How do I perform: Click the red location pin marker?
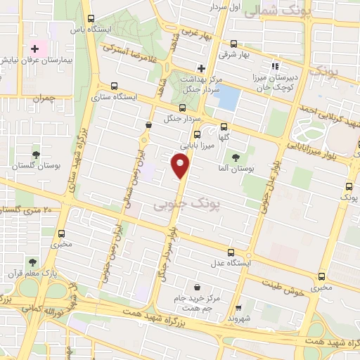(x=181, y=166)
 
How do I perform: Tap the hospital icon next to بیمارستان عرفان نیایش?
(x=34, y=49)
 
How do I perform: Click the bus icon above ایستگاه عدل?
(x=231, y=252)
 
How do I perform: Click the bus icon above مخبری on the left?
(x=63, y=233)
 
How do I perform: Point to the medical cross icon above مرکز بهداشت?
(x=201, y=68)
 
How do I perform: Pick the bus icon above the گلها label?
(x=224, y=127)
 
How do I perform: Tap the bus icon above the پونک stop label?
(x=349, y=187)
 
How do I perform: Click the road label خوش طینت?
(x=284, y=287)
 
